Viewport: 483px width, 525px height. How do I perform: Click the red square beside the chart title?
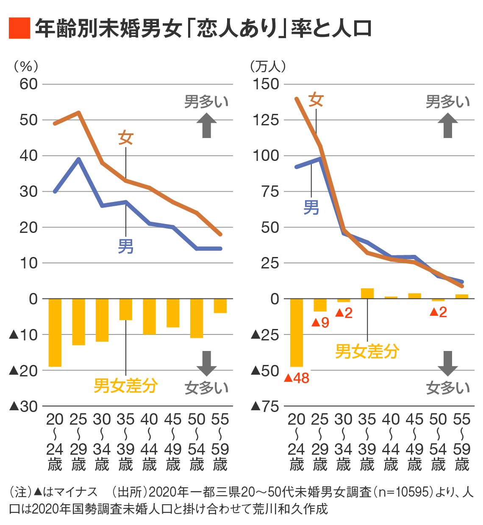coord(19,28)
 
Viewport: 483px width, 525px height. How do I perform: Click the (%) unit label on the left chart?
coord(26,66)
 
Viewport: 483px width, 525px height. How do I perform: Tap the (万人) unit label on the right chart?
coord(268,66)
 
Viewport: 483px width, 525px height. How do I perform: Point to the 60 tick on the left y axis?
coord(28,84)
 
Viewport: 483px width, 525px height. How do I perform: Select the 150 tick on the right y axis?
coord(266,84)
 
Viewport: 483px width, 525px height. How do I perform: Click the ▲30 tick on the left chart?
coord(23,406)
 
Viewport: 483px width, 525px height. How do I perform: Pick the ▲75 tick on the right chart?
coord(265,406)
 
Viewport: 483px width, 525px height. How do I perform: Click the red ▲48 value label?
coord(297,378)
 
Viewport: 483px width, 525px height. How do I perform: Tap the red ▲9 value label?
coord(320,323)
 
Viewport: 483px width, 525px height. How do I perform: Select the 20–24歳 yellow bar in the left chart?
coord(55,332)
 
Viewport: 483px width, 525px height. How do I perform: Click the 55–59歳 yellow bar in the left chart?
coord(220,306)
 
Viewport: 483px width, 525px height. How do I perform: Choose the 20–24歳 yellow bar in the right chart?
coord(297,332)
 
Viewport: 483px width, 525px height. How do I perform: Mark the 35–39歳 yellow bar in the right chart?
coord(367,293)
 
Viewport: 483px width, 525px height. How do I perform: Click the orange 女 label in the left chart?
coord(126,138)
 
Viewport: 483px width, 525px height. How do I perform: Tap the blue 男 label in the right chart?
coord(311,207)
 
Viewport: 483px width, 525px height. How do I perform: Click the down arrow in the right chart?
coord(448,363)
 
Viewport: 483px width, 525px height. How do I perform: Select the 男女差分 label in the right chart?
coord(367,351)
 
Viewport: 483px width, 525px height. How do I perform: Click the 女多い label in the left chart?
coord(206,387)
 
